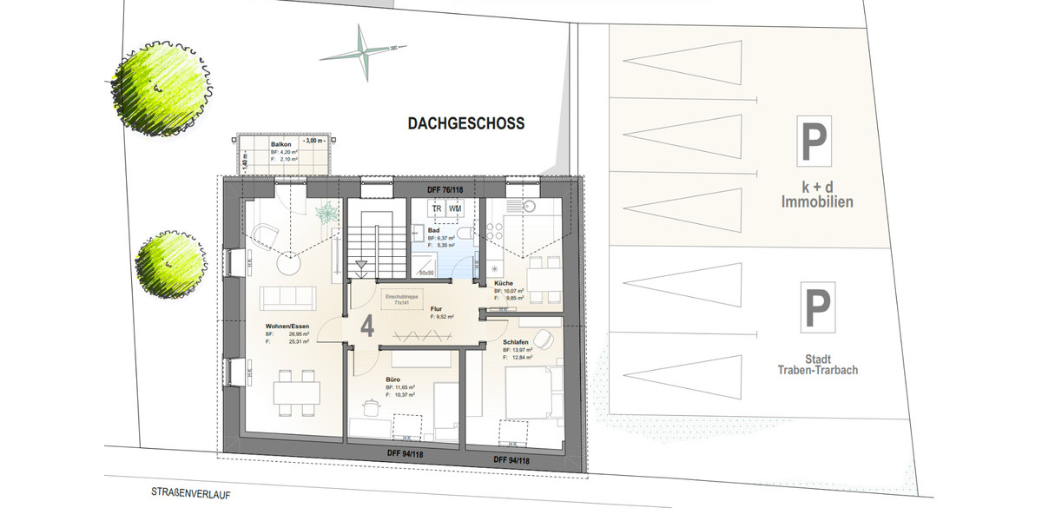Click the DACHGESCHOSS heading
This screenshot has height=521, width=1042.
pyautogui.click(x=466, y=124)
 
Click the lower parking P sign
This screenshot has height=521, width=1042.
pyautogui.click(x=816, y=308)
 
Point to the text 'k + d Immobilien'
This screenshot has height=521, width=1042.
pyautogui.click(x=816, y=195)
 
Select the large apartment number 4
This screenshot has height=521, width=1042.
pyautogui.click(x=367, y=326)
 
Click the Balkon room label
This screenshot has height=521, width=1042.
pyautogui.click(x=280, y=145)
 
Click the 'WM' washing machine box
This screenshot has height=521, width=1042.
pyautogui.click(x=455, y=208)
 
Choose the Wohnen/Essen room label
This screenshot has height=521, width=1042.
pyautogui.click(x=287, y=326)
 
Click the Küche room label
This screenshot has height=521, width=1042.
pyautogui.click(x=503, y=284)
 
